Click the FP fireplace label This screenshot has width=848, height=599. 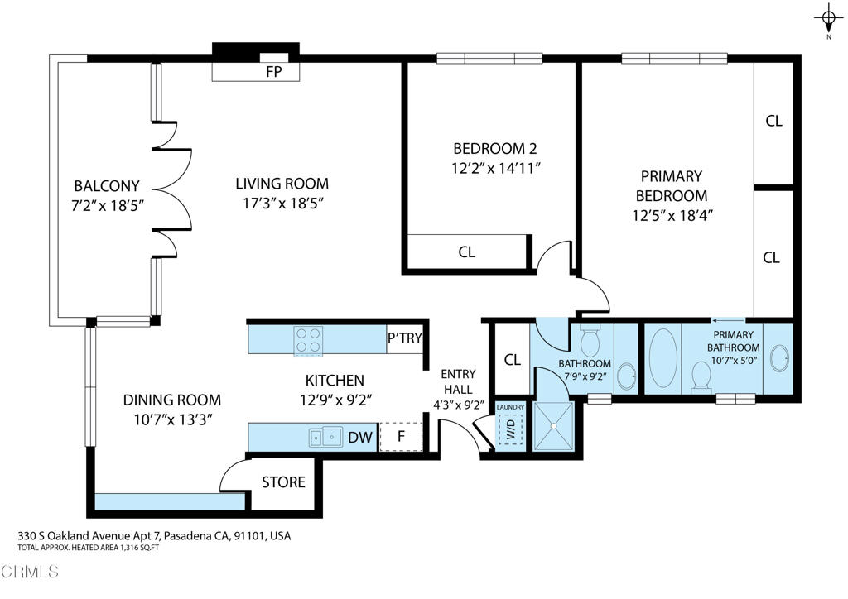(x=273, y=72)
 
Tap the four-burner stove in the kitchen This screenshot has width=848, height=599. (x=309, y=339)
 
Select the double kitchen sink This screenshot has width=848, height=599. (x=326, y=436)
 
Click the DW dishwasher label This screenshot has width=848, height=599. (x=359, y=437)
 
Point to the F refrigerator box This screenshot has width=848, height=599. (x=401, y=436)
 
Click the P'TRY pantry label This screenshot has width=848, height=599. (x=404, y=339)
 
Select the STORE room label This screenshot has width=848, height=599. (x=283, y=482)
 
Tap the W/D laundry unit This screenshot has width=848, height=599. (x=510, y=429)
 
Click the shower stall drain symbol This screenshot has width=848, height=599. (x=552, y=425)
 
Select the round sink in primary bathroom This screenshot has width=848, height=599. (x=778, y=358)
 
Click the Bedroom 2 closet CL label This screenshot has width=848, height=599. (x=467, y=252)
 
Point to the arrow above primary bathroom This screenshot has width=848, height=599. (x=727, y=319)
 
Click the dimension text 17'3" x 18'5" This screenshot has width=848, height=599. (x=282, y=204)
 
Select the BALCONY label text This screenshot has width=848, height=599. (x=107, y=186)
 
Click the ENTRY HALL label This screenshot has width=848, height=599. (x=456, y=381)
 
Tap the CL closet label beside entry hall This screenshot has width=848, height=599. (x=512, y=360)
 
